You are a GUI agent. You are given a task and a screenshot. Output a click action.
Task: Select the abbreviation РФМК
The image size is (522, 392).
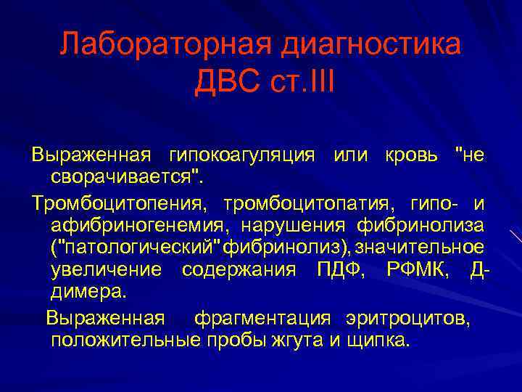tap(416, 270)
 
